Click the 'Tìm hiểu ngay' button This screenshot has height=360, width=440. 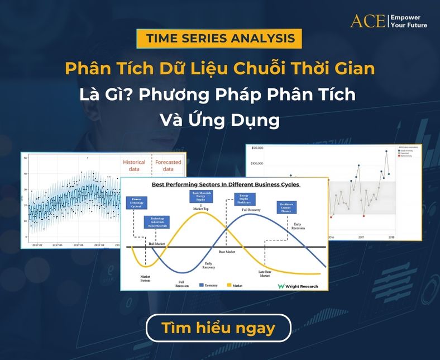pos(218,328)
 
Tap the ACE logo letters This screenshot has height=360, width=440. pos(367,21)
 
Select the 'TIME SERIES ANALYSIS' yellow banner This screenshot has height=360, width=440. pos(220,39)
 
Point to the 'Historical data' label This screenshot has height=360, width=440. pos(133,165)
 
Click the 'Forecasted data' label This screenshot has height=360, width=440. pos(168,165)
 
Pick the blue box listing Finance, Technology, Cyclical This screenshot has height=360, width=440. pos(136,203)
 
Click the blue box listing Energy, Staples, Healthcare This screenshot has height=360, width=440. pos(244,200)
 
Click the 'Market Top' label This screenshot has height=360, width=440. pos(201,209)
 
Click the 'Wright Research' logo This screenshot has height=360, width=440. pos(298,286)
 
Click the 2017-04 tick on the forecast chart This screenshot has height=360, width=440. pos(58,245)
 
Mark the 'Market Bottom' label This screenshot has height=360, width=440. pos(145,277)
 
